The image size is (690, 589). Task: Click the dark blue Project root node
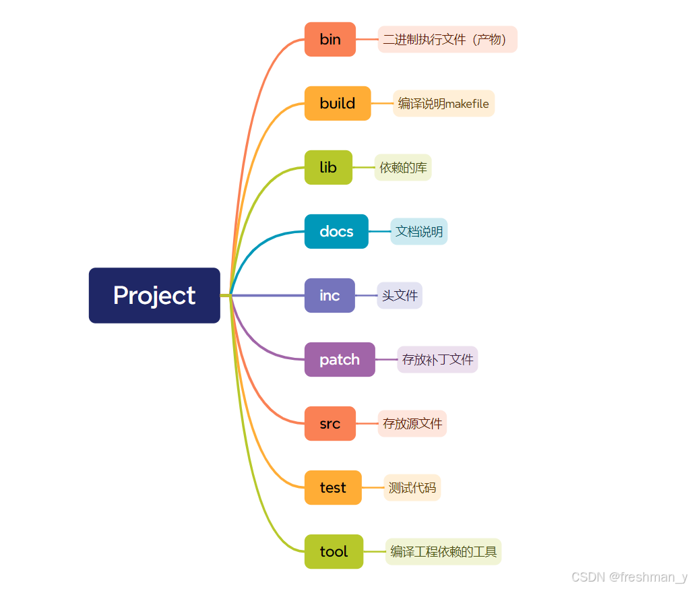point(154,295)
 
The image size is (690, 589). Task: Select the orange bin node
point(330,39)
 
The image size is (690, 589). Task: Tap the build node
point(338,103)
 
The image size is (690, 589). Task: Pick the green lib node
point(328,167)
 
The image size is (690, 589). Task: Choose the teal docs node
point(336,231)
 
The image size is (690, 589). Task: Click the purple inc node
point(330,295)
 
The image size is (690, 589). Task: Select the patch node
point(340,359)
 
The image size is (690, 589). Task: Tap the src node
point(330,423)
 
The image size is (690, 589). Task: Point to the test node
point(333,487)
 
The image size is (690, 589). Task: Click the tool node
point(334,551)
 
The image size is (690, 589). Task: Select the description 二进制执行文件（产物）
point(447,39)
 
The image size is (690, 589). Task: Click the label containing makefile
point(443,103)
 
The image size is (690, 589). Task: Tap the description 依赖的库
point(403,167)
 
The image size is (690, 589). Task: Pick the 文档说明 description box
point(419,231)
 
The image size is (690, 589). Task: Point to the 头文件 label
point(400,295)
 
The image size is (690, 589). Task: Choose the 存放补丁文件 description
point(437,359)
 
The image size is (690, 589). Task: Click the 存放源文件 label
point(412,423)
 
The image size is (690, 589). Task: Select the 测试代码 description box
point(412,487)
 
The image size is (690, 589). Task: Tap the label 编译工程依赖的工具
point(443,551)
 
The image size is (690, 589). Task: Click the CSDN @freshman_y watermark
point(629,577)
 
